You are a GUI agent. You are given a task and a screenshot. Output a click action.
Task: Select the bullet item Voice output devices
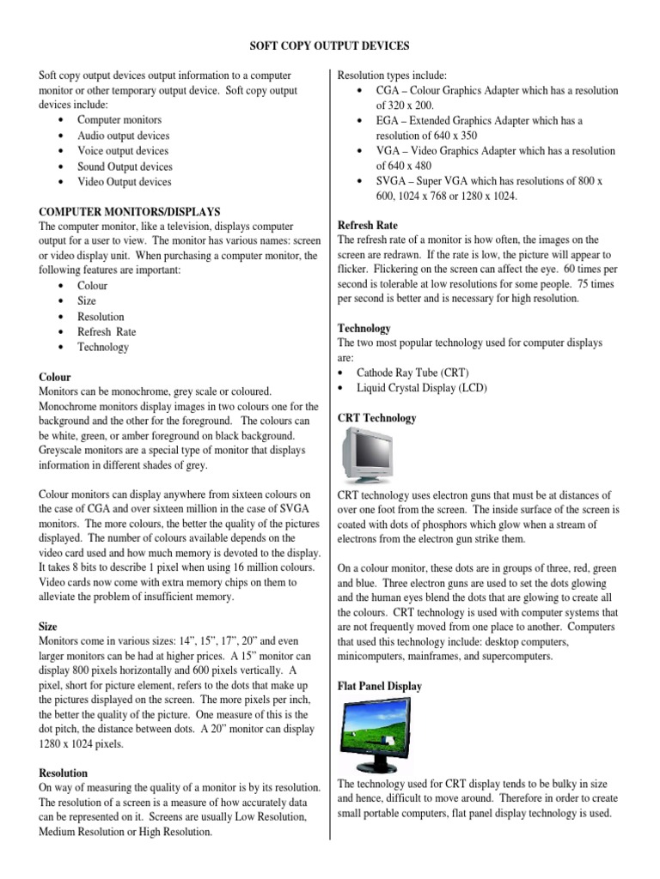point(122,151)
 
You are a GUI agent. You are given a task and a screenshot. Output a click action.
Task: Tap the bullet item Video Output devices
point(124,182)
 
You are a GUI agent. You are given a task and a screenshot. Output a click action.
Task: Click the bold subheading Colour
point(56,376)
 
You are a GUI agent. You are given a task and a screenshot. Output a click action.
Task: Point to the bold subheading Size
point(49,627)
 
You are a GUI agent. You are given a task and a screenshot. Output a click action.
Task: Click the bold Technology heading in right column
point(364,328)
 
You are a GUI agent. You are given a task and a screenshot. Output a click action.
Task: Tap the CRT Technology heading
point(377,418)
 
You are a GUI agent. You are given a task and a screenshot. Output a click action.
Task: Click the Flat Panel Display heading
point(380,687)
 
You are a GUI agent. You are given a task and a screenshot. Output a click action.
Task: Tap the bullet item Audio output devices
point(123,136)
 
